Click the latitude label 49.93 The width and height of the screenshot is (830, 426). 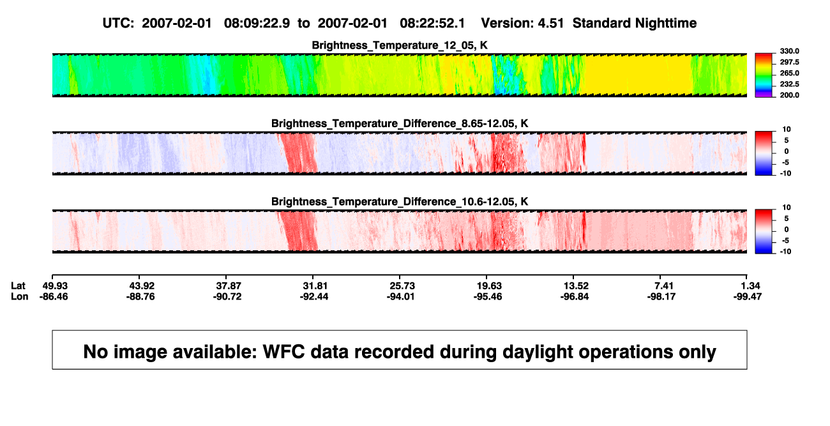click(x=55, y=286)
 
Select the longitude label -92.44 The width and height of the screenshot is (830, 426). click(x=314, y=297)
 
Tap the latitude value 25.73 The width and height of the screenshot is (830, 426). click(x=402, y=286)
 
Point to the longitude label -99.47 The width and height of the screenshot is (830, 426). click(x=747, y=297)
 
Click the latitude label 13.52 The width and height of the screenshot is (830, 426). click(x=576, y=286)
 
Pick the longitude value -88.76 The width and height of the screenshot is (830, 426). click(x=140, y=297)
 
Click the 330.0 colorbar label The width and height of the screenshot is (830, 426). click(x=789, y=51)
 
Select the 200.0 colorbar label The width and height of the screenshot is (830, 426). click(x=789, y=95)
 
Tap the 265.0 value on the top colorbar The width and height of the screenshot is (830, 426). click(x=789, y=73)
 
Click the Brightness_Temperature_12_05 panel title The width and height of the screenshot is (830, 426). click(x=400, y=45)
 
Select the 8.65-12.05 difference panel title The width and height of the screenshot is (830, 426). click(x=400, y=123)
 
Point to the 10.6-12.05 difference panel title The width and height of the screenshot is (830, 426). click(x=400, y=202)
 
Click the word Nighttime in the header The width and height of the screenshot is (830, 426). click(x=665, y=23)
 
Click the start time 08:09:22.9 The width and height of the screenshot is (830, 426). click(x=257, y=23)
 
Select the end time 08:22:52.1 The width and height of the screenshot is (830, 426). click(x=432, y=23)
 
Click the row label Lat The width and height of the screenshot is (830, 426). click(x=18, y=286)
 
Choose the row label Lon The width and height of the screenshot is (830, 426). click(x=20, y=297)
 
